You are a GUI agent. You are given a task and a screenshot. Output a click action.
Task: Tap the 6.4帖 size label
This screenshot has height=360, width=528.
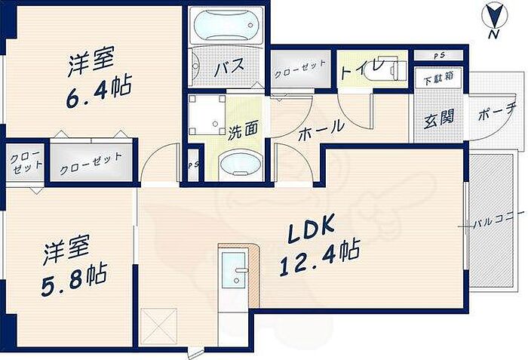click(98, 88)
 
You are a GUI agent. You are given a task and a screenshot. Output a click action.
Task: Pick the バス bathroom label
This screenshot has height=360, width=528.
click(229, 68)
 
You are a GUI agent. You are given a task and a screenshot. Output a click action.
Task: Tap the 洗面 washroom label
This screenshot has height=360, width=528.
click(244, 129)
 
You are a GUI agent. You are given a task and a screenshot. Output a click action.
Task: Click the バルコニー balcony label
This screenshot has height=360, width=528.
click(495, 225)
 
